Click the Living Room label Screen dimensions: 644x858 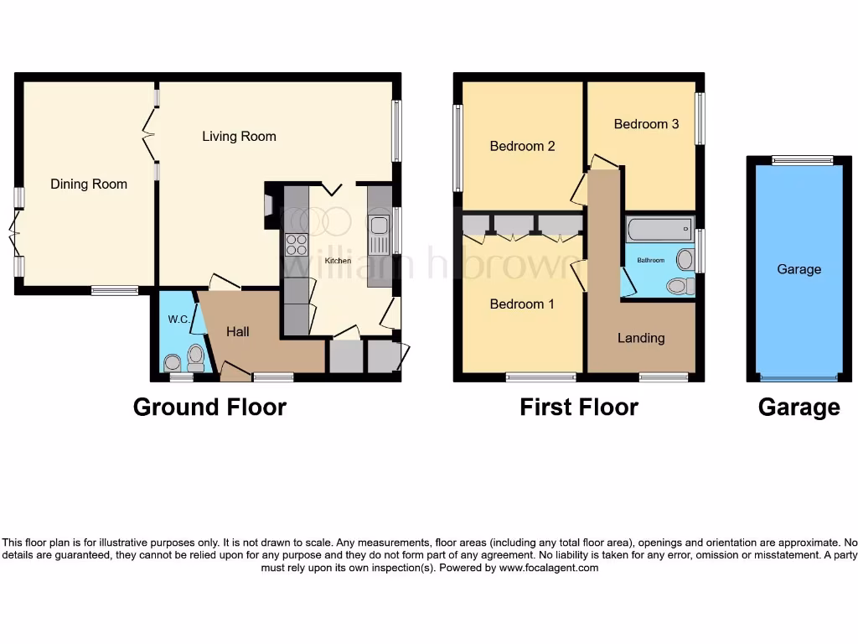pyautogui.click(x=239, y=136)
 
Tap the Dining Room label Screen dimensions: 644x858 pyautogui.click(x=89, y=184)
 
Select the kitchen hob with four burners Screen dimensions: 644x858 pyautogui.click(x=297, y=244)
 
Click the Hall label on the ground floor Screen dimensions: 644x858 pyautogui.click(x=238, y=332)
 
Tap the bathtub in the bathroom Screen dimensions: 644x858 pyautogui.click(x=659, y=227)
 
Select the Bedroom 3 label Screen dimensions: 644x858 pyautogui.click(x=646, y=124)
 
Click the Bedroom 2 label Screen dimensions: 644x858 pyautogui.click(x=522, y=146)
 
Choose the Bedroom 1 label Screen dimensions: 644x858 pyautogui.click(x=521, y=304)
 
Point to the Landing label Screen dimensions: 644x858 pyautogui.click(x=641, y=338)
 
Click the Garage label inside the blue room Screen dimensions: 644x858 pyautogui.click(x=799, y=269)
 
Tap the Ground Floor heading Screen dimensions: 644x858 pyautogui.click(x=209, y=408)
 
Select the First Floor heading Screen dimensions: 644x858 pyautogui.click(x=578, y=408)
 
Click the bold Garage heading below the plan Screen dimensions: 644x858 pyautogui.click(x=799, y=408)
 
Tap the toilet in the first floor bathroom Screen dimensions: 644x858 pyautogui.click(x=680, y=287)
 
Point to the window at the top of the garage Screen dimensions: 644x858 pyautogui.click(x=802, y=160)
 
